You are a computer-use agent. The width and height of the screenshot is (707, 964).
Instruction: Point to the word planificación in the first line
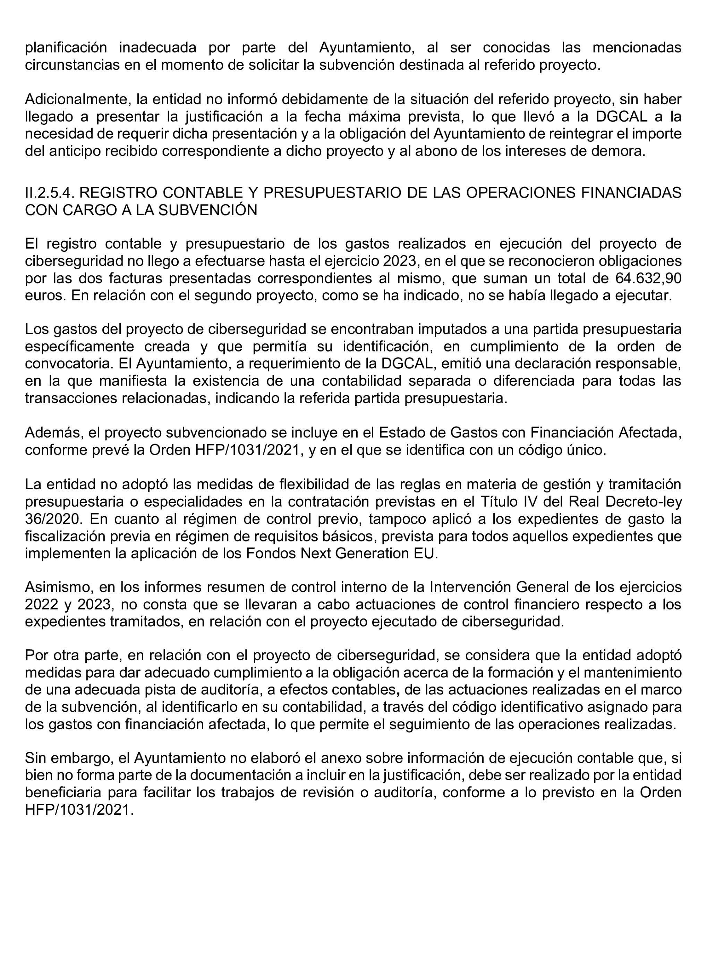pos(66,48)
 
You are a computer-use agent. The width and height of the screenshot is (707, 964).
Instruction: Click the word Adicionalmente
pos(77,99)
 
